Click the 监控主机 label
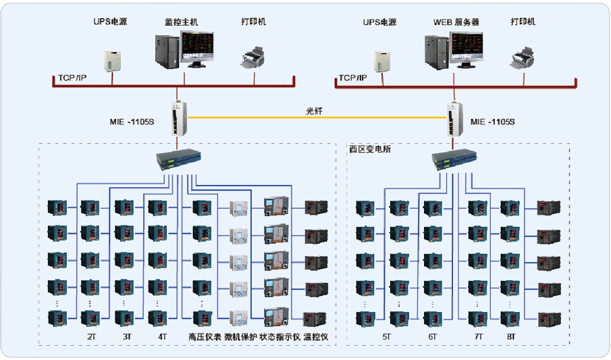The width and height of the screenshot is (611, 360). tap(182, 22)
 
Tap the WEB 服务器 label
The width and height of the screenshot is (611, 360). tap(456, 22)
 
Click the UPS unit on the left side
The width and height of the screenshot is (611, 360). tap(111, 60)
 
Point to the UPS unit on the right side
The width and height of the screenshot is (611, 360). tap(381, 60)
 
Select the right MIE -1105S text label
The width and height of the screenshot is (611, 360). tap(492, 122)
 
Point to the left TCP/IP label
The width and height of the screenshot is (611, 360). tap(72, 78)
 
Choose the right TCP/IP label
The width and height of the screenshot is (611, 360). tap(352, 78)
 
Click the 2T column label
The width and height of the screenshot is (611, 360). tap(91, 336)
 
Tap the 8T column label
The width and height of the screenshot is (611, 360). tap(511, 336)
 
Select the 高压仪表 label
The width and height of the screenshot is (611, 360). tap(205, 336)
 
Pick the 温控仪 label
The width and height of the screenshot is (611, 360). tap(316, 336)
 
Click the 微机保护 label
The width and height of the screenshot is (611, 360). tap(240, 336)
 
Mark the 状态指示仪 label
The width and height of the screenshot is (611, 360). tap(280, 336)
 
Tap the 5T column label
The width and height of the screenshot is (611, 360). tap(386, 336)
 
